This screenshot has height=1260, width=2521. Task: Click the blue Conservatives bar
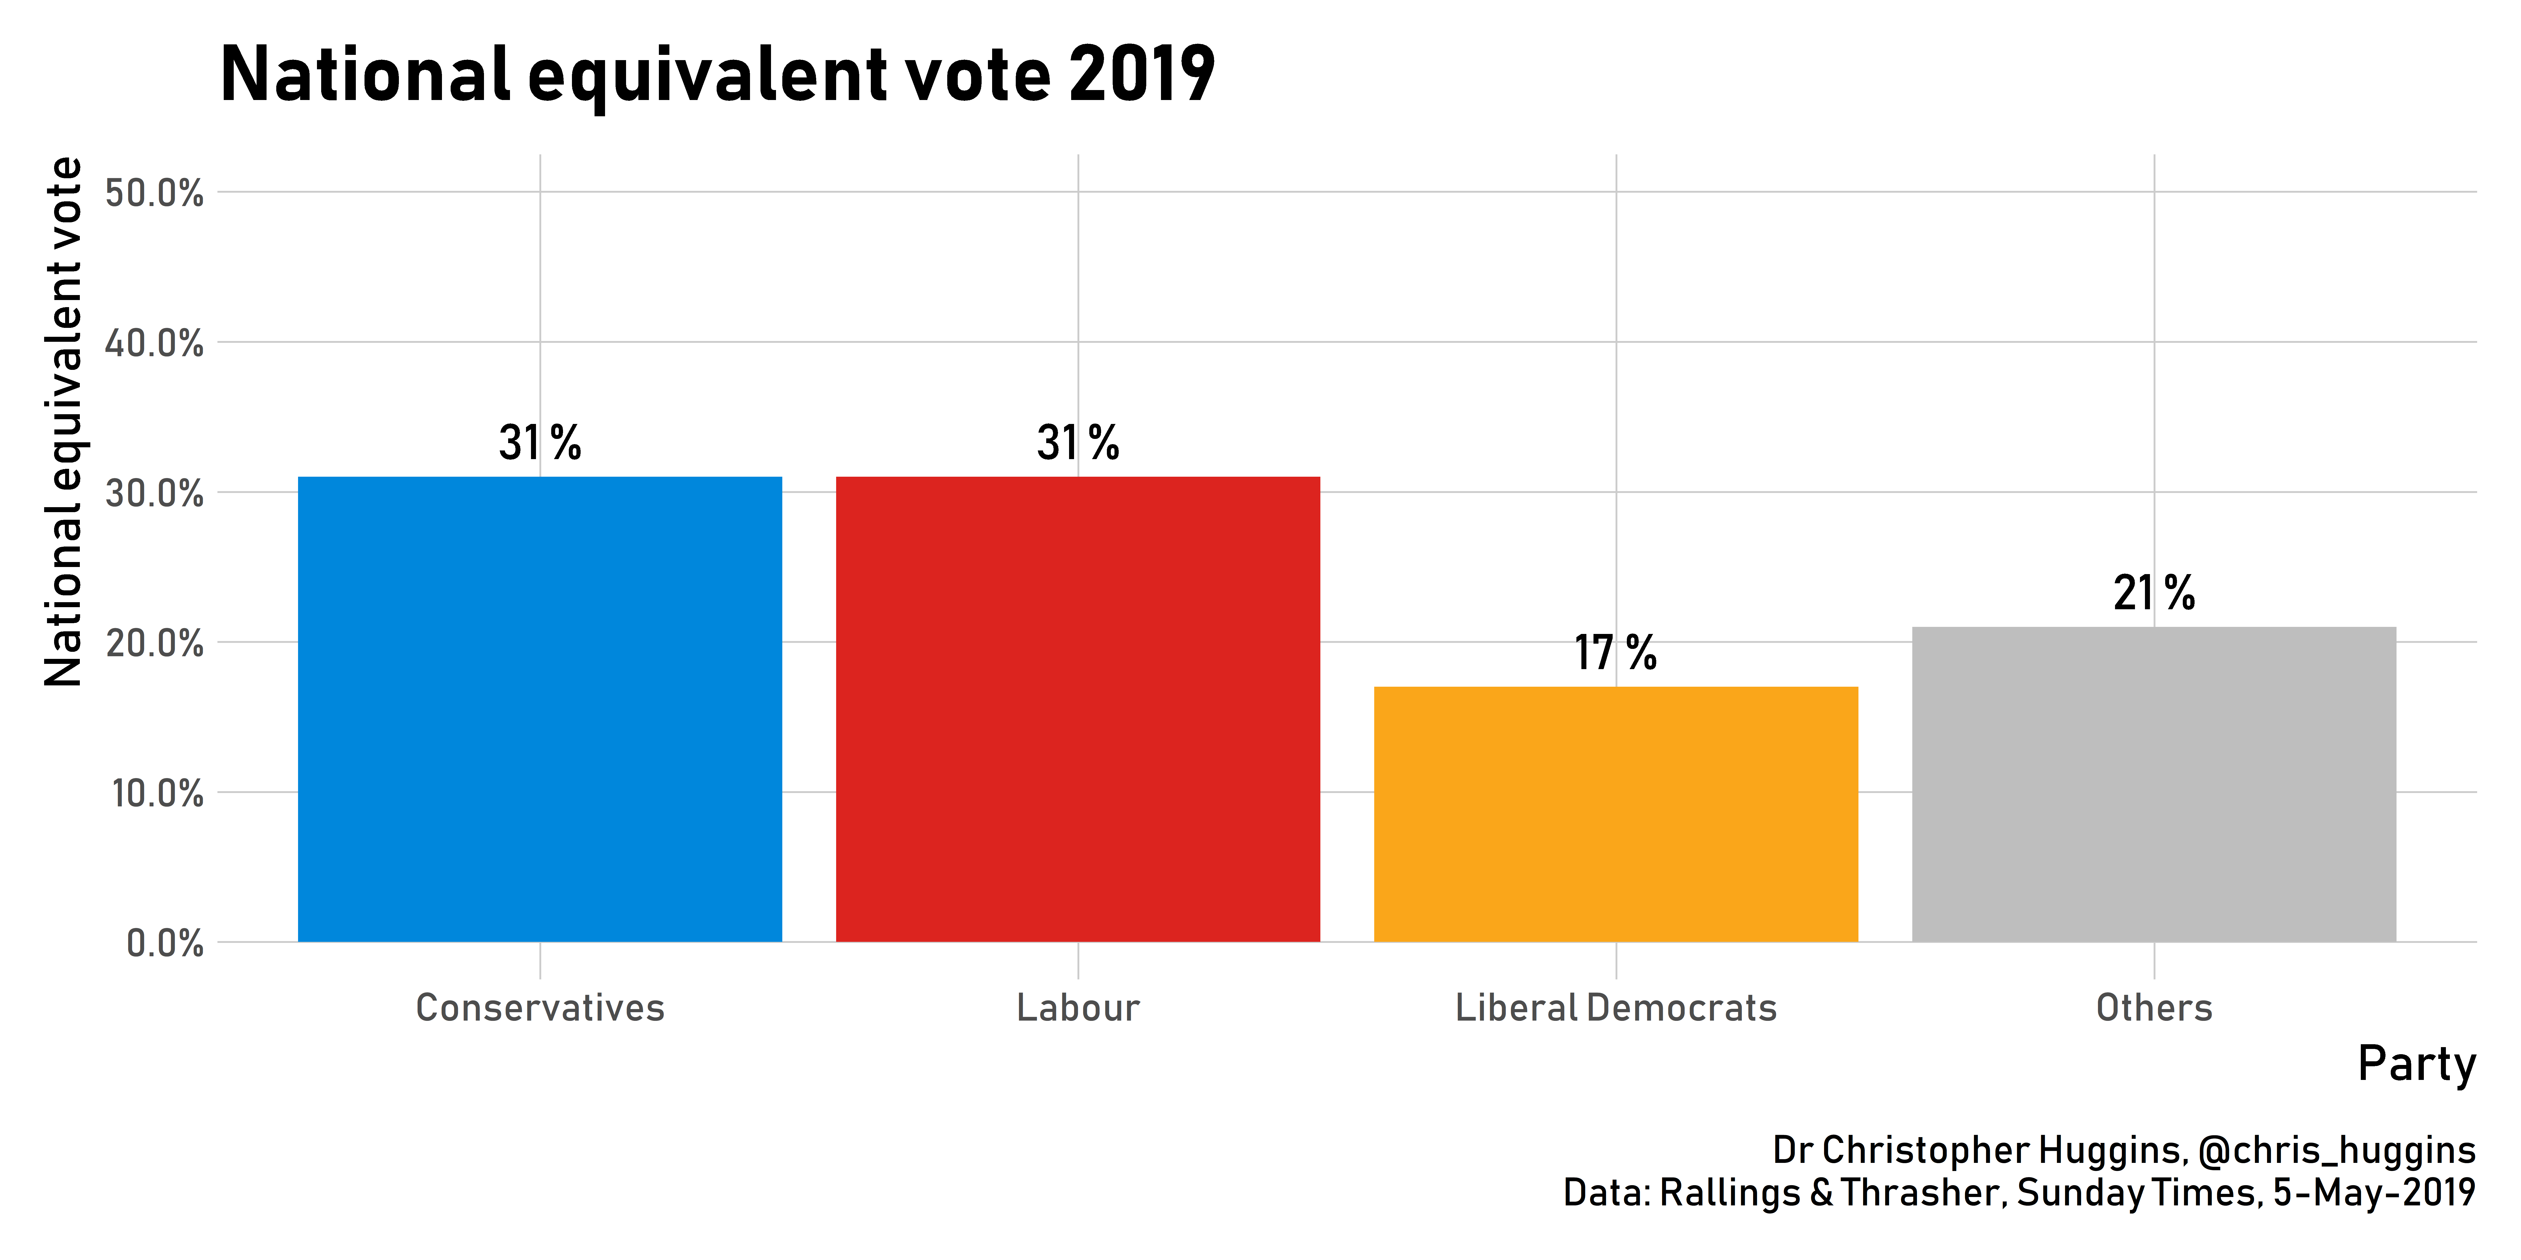[540, 709]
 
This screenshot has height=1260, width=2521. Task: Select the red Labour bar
[1077, 709]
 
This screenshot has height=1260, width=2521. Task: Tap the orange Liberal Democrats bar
[1616, 814]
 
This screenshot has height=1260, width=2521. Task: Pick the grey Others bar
[2154, 785]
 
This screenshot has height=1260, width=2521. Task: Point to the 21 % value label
[2154, 593]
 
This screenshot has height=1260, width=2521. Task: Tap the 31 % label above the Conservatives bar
[540, 443]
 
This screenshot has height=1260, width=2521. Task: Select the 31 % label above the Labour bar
[1077, 443]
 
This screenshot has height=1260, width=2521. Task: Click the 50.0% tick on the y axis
[155, 193]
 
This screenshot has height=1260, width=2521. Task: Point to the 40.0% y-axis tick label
[155, 343]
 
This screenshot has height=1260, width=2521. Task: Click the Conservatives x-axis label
[540, 1008]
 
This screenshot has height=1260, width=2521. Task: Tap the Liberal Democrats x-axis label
[1616, 1008]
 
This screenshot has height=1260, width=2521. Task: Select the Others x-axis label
[2154, 1008]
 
